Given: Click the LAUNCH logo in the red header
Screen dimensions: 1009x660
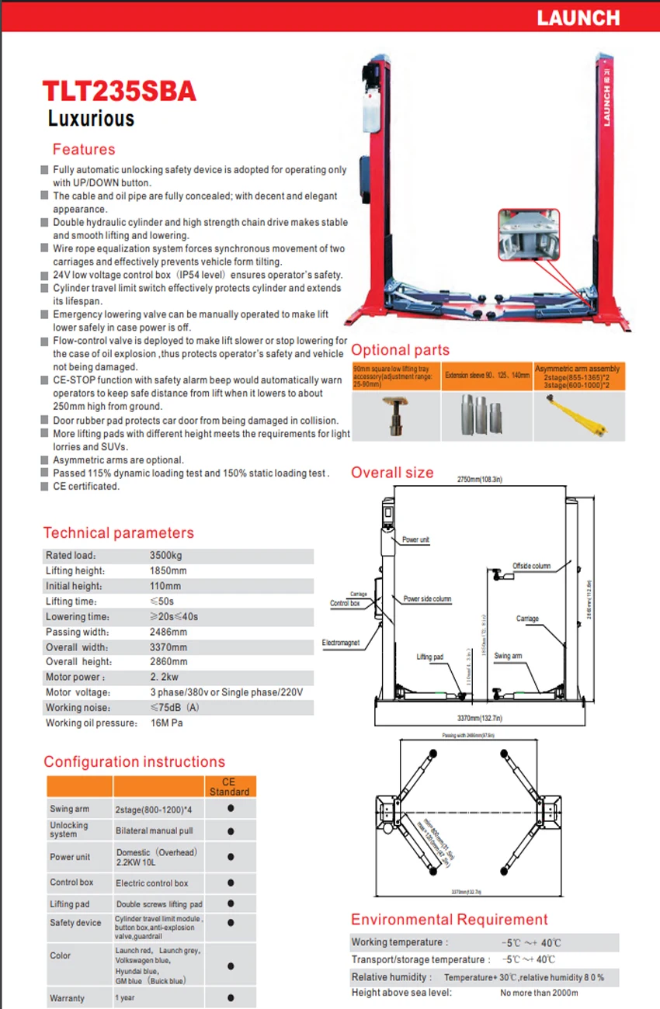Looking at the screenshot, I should [579, 17].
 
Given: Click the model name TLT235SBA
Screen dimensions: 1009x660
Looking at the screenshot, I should [119, 91].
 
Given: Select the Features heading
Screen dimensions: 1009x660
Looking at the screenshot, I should [83, 149].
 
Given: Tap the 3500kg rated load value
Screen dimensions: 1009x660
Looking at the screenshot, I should [165, 556].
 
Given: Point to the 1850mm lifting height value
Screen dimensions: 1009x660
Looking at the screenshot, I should [168, 570].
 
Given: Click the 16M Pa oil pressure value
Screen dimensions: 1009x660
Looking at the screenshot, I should [166, 723].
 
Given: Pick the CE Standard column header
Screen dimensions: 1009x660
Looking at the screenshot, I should [229, 786].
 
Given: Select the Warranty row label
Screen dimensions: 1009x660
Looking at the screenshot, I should [67, 997].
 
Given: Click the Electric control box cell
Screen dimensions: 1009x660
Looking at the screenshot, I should [152, 882].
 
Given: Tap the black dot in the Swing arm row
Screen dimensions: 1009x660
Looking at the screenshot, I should [231, 809].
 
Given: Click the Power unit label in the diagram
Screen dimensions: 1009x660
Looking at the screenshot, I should [415, 539].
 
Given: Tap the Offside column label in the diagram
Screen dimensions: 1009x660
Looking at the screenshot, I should [531, 566].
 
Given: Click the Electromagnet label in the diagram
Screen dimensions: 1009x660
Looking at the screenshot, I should [341, 643].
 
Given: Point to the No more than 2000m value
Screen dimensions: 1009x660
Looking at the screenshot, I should [539, 992].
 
